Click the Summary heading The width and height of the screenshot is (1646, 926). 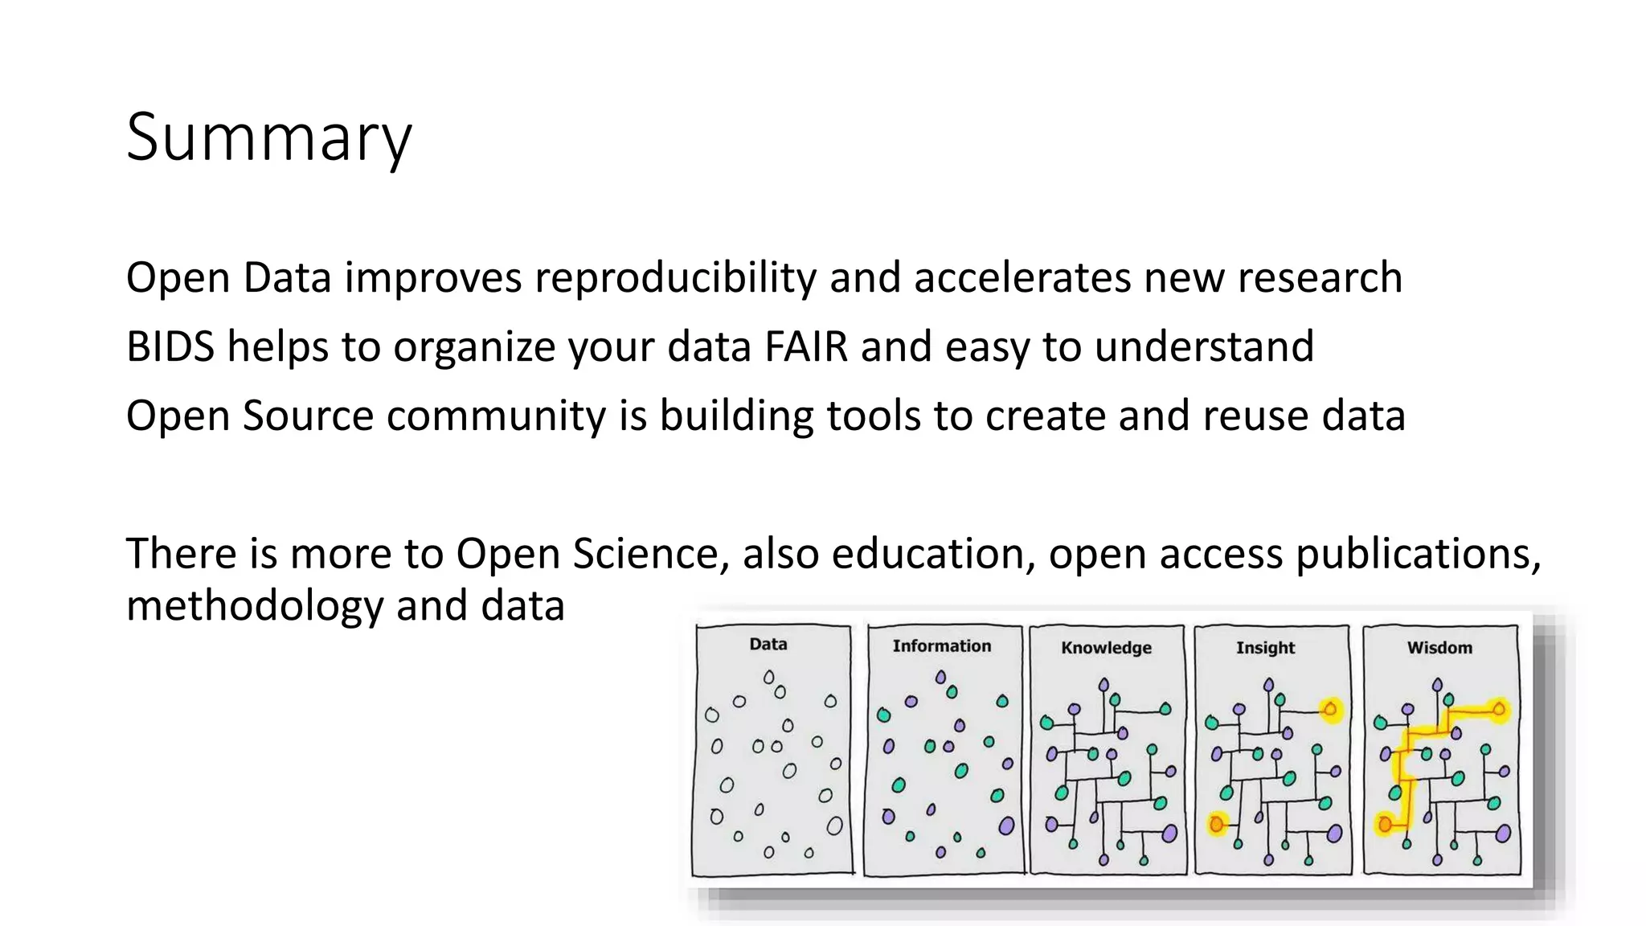click(268, 137)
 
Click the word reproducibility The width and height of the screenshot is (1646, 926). click(675, 277)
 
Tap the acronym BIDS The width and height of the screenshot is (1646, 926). click(170, 346)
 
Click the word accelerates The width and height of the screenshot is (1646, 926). click(1022, 277)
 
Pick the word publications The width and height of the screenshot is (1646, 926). click(1418, 554)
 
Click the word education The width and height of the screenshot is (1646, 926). click(933, 554)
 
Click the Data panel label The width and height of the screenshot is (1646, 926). click(768, 644)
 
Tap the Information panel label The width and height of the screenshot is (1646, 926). click(941, 645)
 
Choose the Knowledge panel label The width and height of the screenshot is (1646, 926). click(1106, 647)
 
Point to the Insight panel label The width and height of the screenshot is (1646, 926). click(1265, 647)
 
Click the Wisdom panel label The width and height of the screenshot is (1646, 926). click(1439, 647)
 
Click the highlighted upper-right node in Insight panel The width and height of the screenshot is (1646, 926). click(1331, 709)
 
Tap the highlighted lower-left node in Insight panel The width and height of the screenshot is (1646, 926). click(1217, 824)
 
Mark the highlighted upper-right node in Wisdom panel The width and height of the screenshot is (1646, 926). click(1499, 709)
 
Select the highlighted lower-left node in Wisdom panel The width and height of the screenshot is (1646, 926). click(1385, 824)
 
